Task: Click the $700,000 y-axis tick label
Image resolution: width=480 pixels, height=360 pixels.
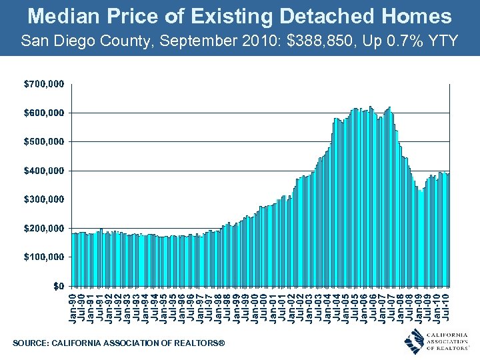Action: click(x=45, y=84)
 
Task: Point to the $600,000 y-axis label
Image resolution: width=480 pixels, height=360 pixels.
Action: click(x=45, y=113)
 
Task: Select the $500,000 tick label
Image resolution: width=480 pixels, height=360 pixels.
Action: click(x=45, y=141)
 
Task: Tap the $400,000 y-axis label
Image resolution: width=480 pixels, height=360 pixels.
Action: click(x=45, y=171)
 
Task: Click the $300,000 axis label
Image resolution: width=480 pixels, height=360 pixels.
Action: click(x=45, y=199)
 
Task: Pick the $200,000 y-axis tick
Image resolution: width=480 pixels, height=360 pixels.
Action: click(x=45, y=228)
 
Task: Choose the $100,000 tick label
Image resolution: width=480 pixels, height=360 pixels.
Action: click(x=45, y=257)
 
